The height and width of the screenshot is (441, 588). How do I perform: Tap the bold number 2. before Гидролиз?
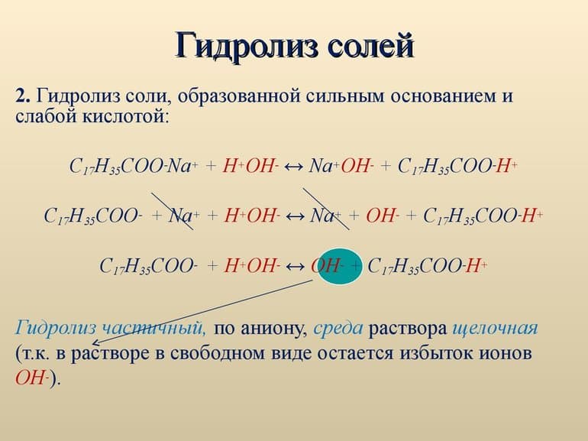point(23,98)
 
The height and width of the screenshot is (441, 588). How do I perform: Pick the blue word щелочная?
point(495,329)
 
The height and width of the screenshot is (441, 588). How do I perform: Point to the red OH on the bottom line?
point(31,380)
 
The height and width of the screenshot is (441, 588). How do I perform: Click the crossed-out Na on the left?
point(180,216)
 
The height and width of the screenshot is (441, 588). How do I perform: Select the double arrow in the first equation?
point(292,166)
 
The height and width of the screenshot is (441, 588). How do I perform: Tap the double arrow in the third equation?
point(295,266)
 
